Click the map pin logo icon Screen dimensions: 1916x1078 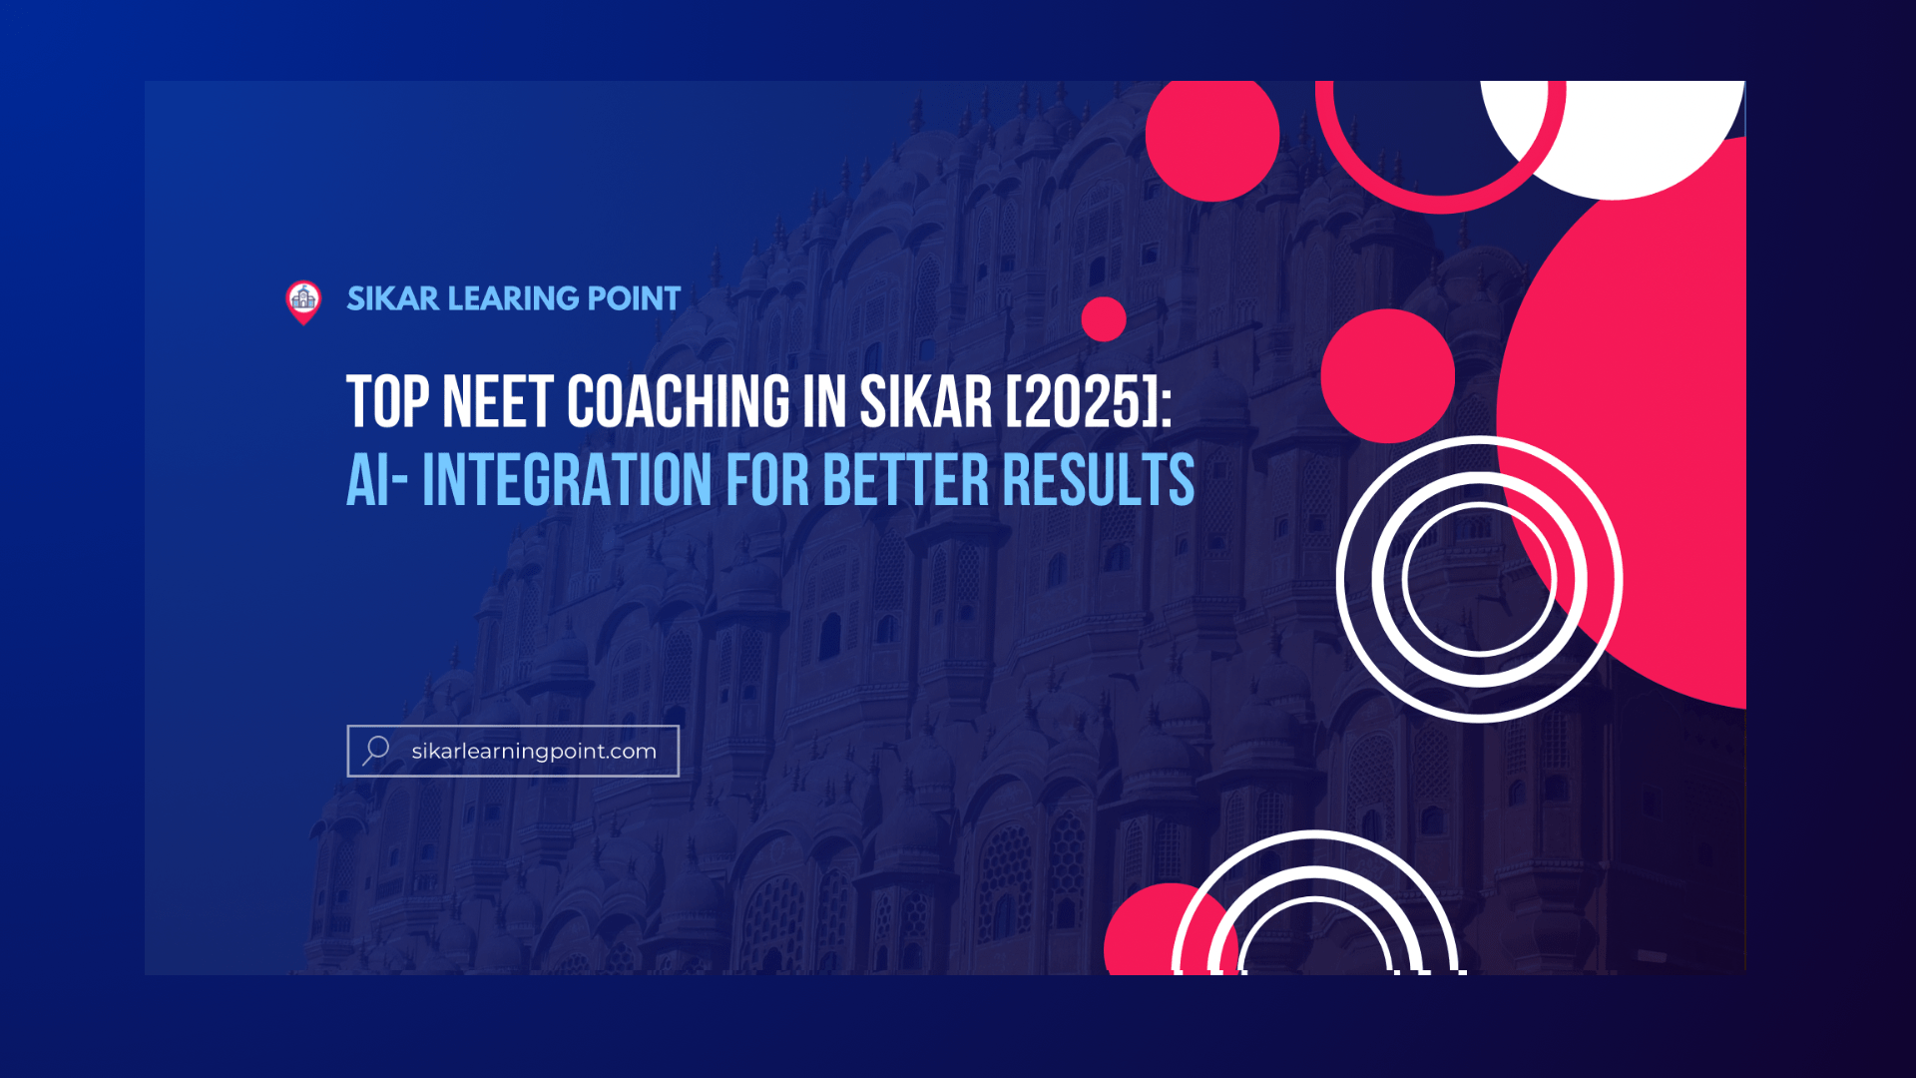303,302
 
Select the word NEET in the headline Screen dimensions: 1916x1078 497,402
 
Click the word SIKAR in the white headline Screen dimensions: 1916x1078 926,402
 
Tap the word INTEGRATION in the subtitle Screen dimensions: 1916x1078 567,480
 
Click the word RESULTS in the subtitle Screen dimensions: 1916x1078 1099,480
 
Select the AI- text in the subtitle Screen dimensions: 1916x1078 377,480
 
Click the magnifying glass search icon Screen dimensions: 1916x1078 376,751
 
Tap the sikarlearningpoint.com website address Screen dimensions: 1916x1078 534,752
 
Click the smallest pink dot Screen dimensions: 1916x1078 1104,319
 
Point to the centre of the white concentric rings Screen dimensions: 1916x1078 1480,579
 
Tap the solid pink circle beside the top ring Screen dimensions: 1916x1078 1212,135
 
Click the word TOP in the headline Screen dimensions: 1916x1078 388,402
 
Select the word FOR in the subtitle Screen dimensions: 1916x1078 767,480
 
